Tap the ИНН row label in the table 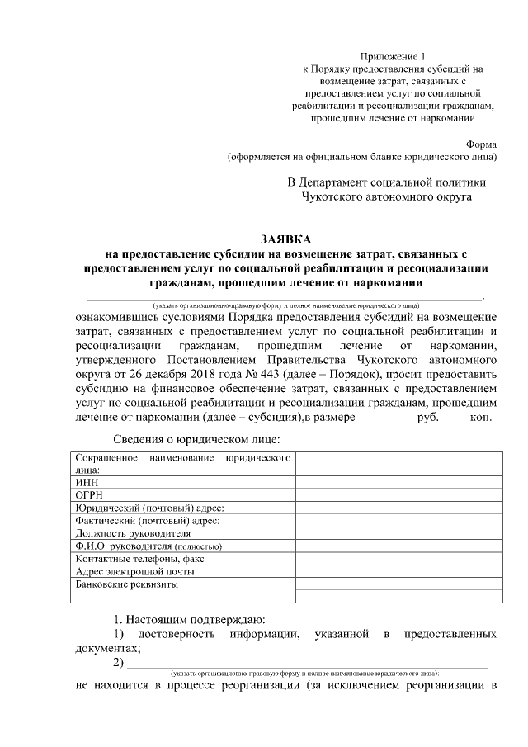(x=85, y=482)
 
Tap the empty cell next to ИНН (x=398, y=482)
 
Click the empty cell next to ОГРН (x=398, y=494)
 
